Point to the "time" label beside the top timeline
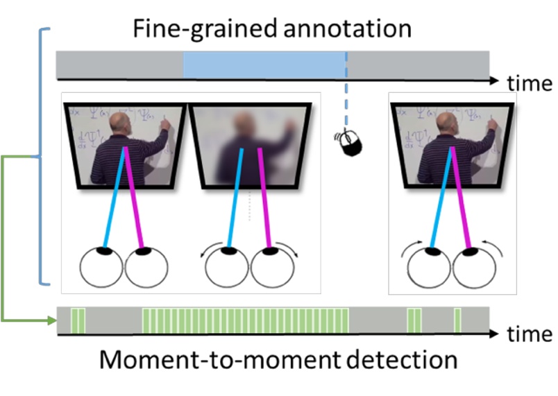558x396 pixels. pos(530,83)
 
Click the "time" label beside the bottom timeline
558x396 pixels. pos(530,334)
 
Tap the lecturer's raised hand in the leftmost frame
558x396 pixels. pos(164,124)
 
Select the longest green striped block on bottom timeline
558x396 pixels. pos(245,320)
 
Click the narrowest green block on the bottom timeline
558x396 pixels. pos(457,320)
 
